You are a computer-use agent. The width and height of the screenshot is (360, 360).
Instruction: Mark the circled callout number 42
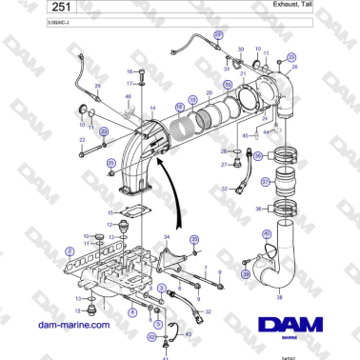click(x=150, y=335)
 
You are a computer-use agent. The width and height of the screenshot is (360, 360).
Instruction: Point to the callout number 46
click(x=129, y=96)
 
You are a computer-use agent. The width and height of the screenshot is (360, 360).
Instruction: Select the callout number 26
click(x=96, y=85)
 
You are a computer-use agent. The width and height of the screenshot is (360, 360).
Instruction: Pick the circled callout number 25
click(x=110, y=164)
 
